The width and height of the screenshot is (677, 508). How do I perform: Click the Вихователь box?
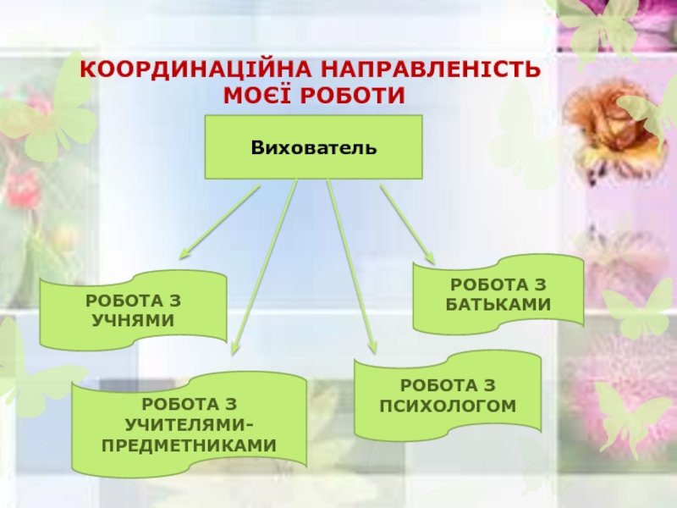[x=313, y=147]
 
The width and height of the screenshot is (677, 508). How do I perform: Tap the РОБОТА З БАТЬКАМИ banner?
[x=498, y=294]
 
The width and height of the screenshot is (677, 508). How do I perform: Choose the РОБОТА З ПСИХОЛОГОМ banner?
[x=448, y=395]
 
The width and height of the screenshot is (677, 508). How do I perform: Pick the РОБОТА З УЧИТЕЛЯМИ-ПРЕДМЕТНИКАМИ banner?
[x=190, y=423]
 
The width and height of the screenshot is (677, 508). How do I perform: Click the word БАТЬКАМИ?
[x=498, y=304]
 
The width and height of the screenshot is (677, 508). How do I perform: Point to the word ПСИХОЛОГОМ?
[x=448, y=406]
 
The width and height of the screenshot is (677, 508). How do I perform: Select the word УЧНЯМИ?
[x=133, y=319]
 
